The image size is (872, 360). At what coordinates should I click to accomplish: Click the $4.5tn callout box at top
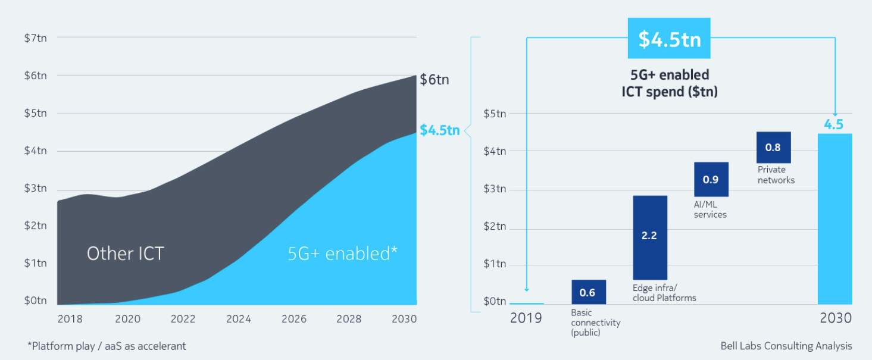[670, 39]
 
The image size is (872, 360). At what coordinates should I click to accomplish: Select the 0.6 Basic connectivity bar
[589, 292]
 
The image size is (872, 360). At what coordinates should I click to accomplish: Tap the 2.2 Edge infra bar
[649, 237]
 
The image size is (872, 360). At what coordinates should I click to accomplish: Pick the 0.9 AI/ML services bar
[711, 179]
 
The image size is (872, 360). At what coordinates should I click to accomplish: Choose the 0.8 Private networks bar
[773, 148]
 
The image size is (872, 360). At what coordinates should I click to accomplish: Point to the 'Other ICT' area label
[125, 253]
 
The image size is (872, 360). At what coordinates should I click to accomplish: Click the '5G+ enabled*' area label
[342, 253]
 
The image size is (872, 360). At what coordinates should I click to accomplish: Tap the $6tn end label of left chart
[435, 79]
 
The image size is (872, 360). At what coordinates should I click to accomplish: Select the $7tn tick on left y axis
[36, 37]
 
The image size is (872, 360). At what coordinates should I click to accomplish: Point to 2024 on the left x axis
[238, 319]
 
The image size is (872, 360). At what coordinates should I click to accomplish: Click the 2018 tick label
[70, 319]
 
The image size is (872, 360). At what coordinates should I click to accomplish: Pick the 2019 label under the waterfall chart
[526, 318]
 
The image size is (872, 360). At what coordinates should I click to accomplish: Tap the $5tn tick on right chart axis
[495, 113]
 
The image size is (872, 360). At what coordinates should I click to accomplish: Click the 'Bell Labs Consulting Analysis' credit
[786, 346]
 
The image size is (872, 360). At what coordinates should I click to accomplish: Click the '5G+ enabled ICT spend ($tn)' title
[669, 83]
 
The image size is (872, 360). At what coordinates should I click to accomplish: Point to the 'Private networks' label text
[776, 175]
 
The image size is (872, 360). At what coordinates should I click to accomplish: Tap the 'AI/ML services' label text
[710, 209]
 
